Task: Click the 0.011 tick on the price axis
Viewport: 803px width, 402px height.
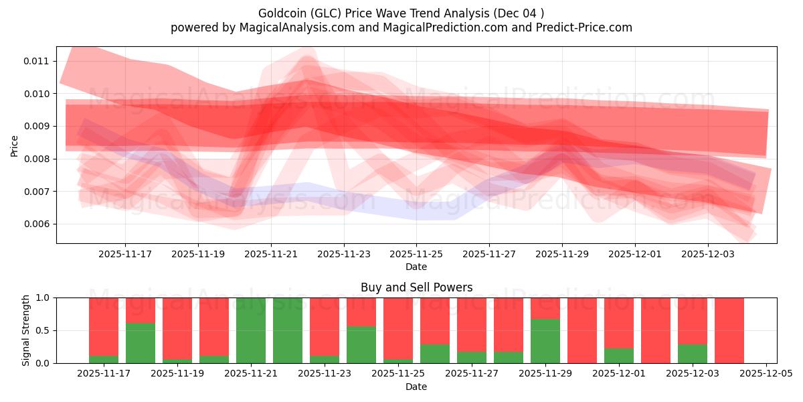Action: coord(36,61)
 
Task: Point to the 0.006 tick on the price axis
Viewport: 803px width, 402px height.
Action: coord(36,224)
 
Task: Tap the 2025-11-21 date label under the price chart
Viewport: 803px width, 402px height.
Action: coord(271,254)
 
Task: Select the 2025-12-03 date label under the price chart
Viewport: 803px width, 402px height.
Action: coord(708,254)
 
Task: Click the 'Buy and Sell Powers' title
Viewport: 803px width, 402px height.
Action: coord(416,287)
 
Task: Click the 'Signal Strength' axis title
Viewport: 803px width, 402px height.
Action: coord(26,330)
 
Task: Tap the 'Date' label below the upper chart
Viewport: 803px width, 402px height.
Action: coord(416,267)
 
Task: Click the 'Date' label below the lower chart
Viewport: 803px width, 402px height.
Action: coord(416,387)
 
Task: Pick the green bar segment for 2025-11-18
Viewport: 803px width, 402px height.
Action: coord(141,343)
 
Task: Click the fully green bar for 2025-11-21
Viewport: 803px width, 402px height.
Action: coord(251,330)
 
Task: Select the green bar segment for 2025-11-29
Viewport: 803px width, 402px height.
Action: coord(545,341)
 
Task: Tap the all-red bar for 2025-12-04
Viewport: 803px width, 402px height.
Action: coord(729,330)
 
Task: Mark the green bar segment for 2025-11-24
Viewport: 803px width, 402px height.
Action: coord(361,344)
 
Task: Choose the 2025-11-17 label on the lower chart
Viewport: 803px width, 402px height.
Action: coord(104,374)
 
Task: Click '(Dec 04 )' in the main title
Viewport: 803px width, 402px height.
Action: coord(518,13)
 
